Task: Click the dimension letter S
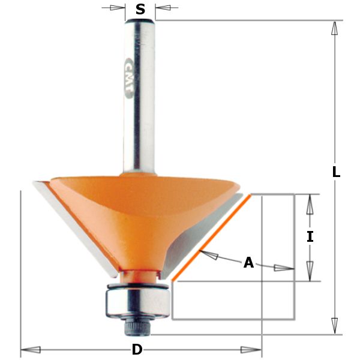(140, 9)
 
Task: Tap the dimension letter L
(336, 172)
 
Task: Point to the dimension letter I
(310, 236)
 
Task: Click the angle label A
(248, 263)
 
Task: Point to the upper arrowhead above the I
(310, 205)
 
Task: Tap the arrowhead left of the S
(117, 8)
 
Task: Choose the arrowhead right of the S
(163, 8)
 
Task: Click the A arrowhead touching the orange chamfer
(208, 256)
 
